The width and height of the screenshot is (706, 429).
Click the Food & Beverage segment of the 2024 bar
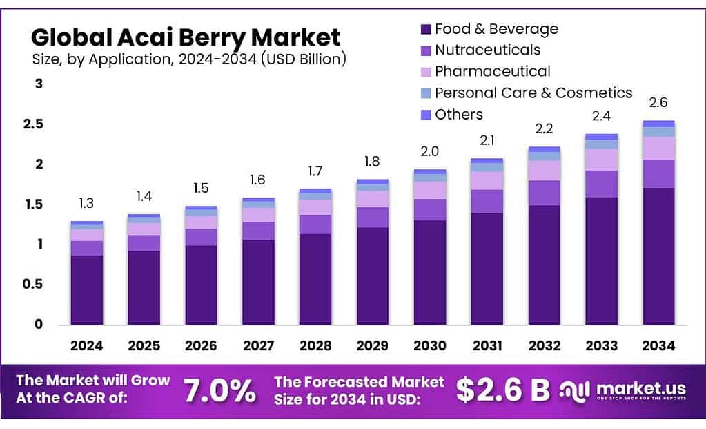click(87, 290)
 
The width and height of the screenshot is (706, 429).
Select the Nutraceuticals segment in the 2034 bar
click(658, 173)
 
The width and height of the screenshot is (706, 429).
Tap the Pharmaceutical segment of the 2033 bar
click(601, 160)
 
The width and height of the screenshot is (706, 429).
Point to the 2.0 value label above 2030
click(429, 151)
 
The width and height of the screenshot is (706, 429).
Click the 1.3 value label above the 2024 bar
click(86, 204)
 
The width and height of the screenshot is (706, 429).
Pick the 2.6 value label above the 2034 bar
click(658, 103)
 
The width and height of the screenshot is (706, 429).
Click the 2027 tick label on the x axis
click(258, 345)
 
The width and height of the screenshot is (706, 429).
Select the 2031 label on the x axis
click(487, 345)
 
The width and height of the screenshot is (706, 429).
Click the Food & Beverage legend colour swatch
click(425, 30)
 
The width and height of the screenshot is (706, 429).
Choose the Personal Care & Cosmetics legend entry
click(533, 93)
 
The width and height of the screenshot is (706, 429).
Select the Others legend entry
click(458, 114)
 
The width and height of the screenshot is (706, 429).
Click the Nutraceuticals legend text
click(487, 50)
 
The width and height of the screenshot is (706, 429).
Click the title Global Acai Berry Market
click(186, 36)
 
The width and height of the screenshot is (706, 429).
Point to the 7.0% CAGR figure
click(219, 391)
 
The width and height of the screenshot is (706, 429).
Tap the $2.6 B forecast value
click(502, 390)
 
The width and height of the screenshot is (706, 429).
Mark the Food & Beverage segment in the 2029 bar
click(373, 276)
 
